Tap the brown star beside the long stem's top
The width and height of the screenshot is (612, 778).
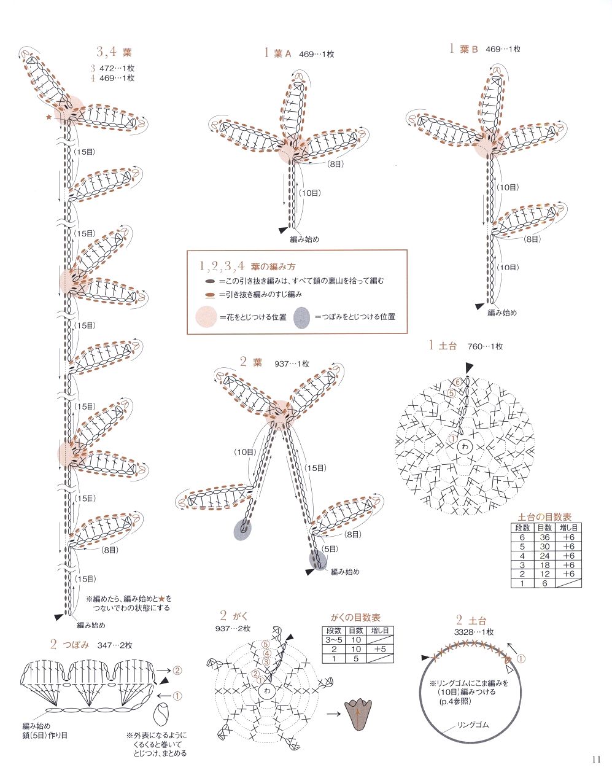coord(49,116)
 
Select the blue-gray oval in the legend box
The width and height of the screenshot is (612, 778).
coord(302,317)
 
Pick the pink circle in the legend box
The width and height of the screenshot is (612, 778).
coord(206,317)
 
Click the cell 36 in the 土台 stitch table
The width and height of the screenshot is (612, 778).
coord(544,537)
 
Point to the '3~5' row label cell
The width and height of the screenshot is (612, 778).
coord(334,640)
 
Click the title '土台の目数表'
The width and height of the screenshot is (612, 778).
coord(545,516)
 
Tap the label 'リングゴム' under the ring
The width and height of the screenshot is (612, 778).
coord(473,725)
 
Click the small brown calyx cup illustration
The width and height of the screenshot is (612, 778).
coord(358,714)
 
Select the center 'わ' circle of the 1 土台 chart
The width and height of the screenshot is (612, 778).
coord(465,448)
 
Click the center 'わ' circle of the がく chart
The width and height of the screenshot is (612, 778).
coord(266,691)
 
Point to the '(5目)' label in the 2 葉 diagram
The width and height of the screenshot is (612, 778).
coord(330,549)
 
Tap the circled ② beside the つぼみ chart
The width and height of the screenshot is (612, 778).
coord(177,670)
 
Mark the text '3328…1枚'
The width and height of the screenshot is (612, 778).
coord(474,632)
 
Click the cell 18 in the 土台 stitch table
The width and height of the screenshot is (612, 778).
coord(544,565)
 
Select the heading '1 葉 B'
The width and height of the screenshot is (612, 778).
coord(463,49)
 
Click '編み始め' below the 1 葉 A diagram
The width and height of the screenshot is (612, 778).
coord(304,239)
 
